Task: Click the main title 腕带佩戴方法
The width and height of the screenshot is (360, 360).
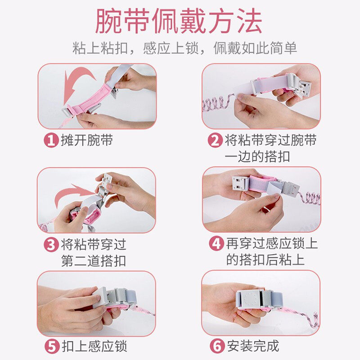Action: click(179, 21)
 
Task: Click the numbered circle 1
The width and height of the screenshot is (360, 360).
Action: click(51, 140)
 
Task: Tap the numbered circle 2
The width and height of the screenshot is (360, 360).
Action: click(215, 140)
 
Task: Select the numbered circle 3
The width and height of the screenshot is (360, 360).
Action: click(51, 244)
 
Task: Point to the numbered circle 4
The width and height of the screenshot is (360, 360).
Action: click(216, 244)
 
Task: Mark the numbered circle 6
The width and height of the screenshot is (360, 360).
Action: click(217, 346)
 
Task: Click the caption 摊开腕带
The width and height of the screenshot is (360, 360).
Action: click(86, 140)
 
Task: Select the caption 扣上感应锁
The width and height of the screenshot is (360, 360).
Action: click(94, 346)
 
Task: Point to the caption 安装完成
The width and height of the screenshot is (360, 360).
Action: click(253, 346)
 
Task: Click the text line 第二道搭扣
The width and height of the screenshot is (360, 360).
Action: click(94, 261)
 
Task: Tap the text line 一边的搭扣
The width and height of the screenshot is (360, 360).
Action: click(257, 157)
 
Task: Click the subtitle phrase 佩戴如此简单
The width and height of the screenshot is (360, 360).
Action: click(255, 49)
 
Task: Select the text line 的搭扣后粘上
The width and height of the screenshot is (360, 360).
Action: click(265, 260)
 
